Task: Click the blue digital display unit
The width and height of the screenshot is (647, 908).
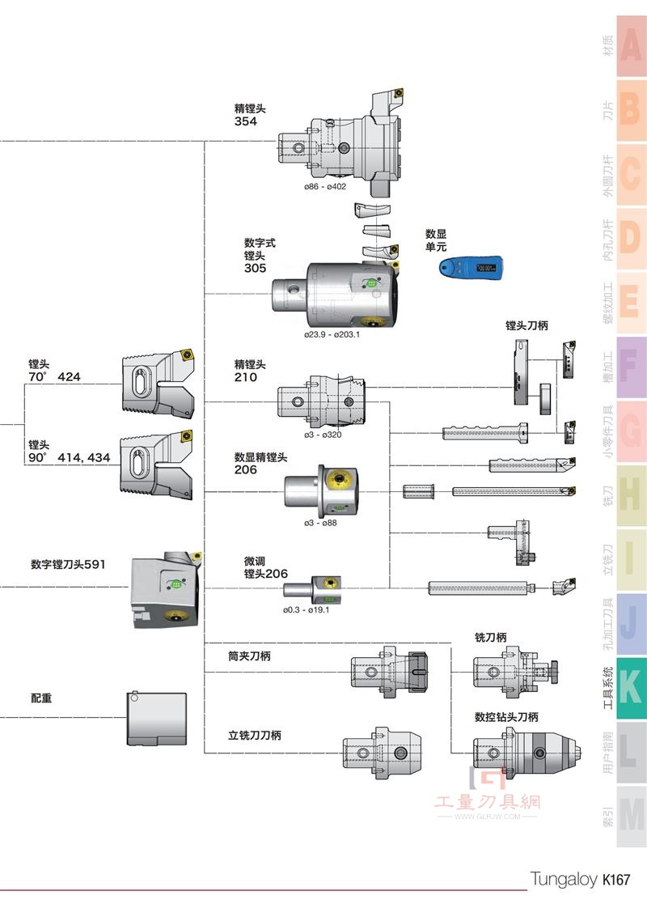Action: click(x=471, y=268)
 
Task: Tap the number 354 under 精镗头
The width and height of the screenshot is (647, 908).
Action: click(x=245, y=121)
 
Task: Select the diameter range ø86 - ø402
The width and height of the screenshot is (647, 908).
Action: click(x=325, y=186)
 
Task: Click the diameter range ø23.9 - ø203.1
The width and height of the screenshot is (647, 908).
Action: click(x=332, y=335)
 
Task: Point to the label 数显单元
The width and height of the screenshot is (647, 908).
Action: click(x=436, y=240)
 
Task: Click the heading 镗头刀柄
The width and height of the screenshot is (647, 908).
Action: click(x=526, y=325)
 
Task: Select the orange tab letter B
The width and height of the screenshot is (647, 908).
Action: click(x=630, y=110)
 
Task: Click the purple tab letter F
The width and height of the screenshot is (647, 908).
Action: click(x=630, y=366)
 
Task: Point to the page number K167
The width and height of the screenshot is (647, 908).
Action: click(x=615, y=880)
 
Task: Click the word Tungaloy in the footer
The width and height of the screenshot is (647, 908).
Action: click(x=564, y=880)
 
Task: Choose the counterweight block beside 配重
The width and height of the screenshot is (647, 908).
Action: click(x=157, y=718)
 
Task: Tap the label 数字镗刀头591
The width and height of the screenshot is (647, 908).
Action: click(x=68, y=564)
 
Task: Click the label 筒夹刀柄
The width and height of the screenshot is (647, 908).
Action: click(x=249, y=656)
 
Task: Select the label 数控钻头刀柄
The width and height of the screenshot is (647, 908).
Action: click(x=506, y=717)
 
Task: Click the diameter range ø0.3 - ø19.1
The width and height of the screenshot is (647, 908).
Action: click(x=307, y=609)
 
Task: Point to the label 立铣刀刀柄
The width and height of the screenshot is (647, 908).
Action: click(x=255, y=736)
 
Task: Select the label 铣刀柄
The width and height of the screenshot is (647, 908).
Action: click(x=491, y=638)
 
